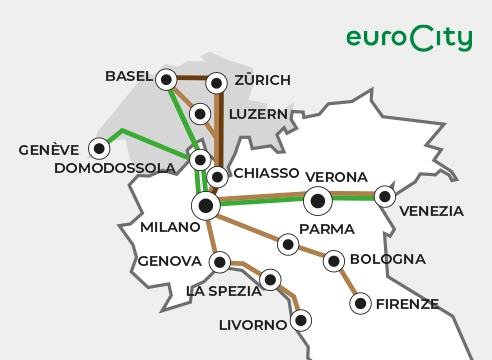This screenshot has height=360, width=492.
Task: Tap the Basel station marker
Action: coord(166,78)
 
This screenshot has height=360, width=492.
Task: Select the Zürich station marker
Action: coord(218,79)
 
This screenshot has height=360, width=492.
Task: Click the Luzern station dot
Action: coord(200,113)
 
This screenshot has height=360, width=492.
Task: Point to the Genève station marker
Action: coord(99,149)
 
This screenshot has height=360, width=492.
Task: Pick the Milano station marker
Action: coord(206,206)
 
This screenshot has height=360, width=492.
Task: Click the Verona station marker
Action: coord(319,201)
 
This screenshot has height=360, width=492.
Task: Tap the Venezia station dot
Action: coord(384,197)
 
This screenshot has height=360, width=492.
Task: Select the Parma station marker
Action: coord(288,243)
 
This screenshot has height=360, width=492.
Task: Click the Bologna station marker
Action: coord(333,261)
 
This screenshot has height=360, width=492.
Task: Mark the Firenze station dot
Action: coord(360,302)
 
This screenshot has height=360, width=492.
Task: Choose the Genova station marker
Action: coord(220,262)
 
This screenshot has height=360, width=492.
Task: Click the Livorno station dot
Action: coord(299,322)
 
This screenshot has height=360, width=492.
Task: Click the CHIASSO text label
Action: coord(266,174)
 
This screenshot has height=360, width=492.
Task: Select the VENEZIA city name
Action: coord(431,211)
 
